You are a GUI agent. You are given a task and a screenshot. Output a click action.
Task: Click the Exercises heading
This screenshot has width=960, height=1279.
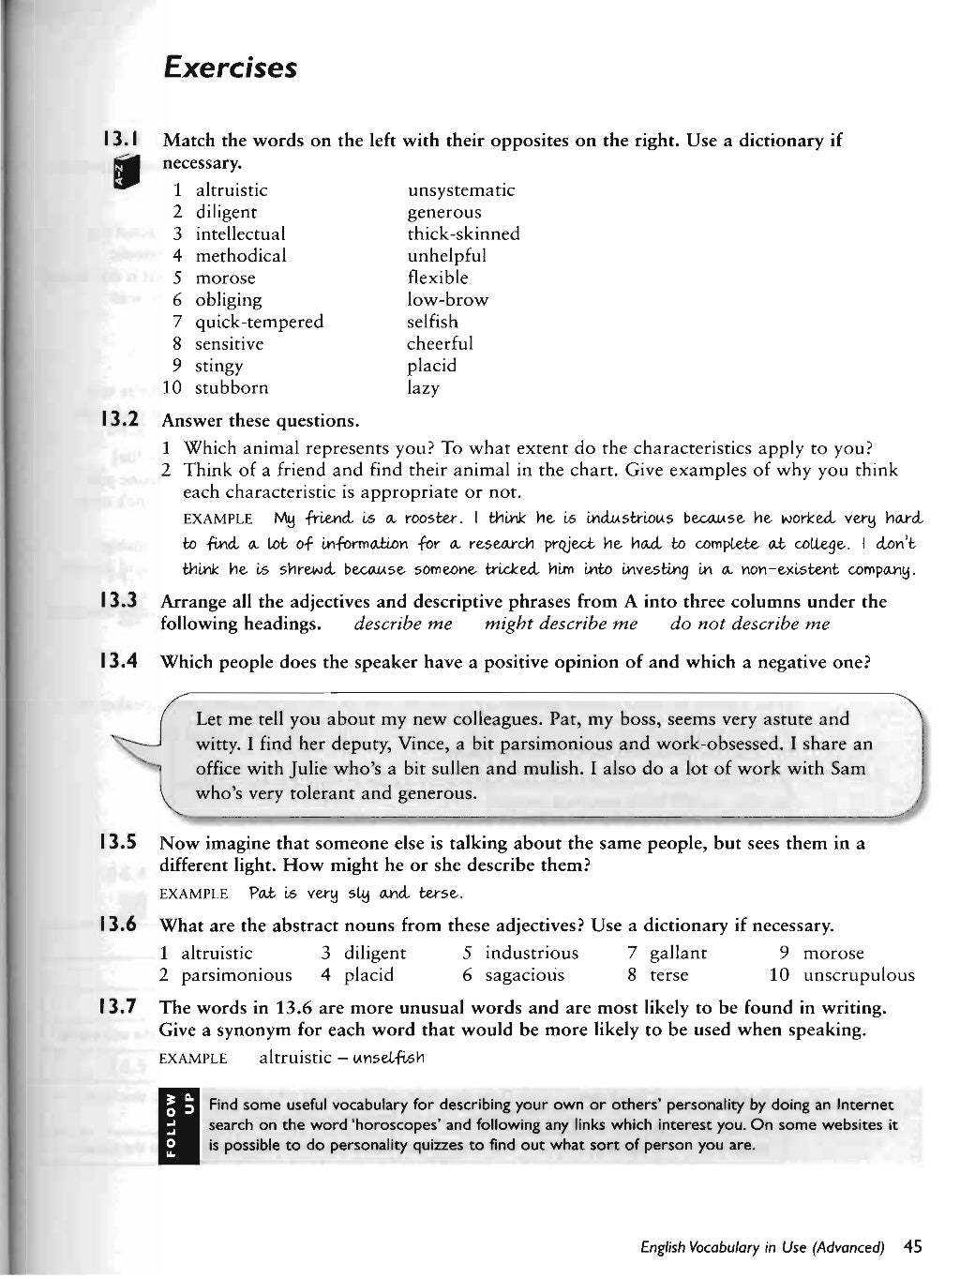230,68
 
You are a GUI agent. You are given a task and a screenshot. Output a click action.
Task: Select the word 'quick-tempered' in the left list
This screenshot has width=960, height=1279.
259,322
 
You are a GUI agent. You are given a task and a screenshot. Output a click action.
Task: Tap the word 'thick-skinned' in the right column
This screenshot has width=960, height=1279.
463,234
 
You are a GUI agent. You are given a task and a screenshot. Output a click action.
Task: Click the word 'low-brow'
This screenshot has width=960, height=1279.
447,300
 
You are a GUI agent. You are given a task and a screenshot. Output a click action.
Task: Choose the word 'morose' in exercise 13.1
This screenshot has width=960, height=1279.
225,278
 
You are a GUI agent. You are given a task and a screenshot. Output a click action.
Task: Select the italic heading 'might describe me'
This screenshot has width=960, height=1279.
561,624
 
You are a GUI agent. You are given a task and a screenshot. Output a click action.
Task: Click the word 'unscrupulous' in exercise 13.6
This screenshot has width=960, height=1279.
858,975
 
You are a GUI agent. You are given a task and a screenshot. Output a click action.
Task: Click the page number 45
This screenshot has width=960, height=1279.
912,1246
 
